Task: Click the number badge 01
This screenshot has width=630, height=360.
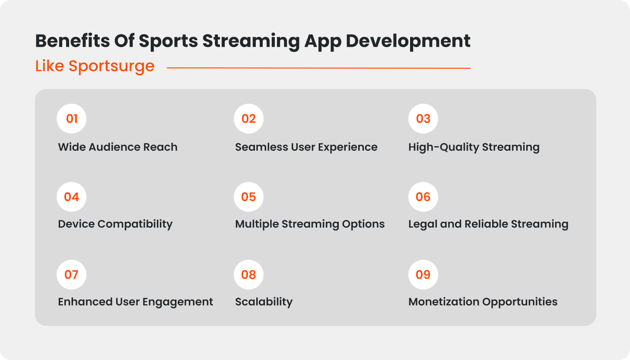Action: (71, 118)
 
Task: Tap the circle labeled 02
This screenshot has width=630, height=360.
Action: (248, 118)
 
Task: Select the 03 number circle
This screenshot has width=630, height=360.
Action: (423, 118)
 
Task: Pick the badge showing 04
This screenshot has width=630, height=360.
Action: (71, 197)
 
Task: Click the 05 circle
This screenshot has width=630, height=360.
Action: (248, 197)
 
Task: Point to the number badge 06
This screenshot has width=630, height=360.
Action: (423, 197)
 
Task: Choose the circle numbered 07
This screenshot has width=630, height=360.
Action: (71, 274)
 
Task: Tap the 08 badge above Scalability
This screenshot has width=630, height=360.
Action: (248, 274)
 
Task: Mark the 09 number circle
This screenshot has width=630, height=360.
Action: (423, 274)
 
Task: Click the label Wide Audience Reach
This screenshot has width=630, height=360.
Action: (118, 147)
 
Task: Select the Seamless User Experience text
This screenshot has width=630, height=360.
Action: (306, 147)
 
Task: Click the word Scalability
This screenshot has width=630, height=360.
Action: (264, 302)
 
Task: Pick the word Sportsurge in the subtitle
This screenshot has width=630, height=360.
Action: (111, 67)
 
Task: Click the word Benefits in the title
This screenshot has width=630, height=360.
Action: (72, 41)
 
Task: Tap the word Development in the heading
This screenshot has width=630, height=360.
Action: (408, 41)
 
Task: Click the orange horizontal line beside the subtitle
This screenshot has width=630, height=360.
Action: (318, 68)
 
